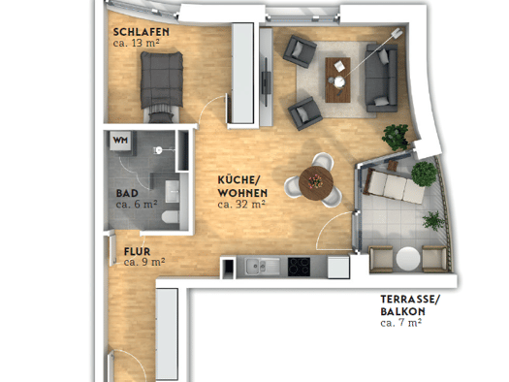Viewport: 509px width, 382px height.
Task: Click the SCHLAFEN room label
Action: [142, 32]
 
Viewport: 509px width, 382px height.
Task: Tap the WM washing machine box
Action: [120, 141]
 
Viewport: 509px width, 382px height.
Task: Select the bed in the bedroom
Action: [162, 85]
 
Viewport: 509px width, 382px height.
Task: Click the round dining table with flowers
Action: [316, 182]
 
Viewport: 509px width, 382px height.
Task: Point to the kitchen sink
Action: [263, 266]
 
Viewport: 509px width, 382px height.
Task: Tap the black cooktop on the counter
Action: [299, 267]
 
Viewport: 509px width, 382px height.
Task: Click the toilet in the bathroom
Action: [171, 217]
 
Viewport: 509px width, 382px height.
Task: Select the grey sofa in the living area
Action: [381, 78]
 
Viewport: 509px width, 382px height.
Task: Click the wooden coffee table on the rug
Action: [337, 80]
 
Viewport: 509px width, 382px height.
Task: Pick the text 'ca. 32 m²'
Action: [241, 205]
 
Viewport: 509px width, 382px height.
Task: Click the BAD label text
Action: [127, 194]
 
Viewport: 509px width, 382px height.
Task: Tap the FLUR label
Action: [137, 251]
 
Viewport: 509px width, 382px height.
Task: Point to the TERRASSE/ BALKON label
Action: [410, 305]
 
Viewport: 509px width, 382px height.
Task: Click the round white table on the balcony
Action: [408, 259]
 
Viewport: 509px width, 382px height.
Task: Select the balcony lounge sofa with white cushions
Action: [395, 185]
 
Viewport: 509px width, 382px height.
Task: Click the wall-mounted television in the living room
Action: [267, 81]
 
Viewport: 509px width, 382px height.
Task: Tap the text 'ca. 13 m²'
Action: [137, 43]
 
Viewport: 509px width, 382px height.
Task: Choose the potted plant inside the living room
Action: [396, 137]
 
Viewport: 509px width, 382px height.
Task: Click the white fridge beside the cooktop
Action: [338, 267]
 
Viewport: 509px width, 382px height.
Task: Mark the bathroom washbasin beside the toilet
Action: [172, 192]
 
